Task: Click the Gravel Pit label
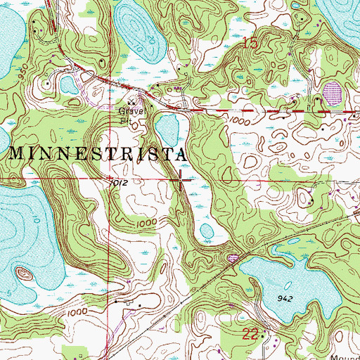point(129,115)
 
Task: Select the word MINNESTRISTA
point(98,152)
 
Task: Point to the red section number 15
point(250,44)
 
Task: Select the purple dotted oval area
point(331,92)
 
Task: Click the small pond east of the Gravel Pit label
point(166,129)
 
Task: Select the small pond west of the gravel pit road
point(68,85)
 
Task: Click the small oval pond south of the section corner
point(206,231)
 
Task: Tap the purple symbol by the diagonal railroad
point(233,258)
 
